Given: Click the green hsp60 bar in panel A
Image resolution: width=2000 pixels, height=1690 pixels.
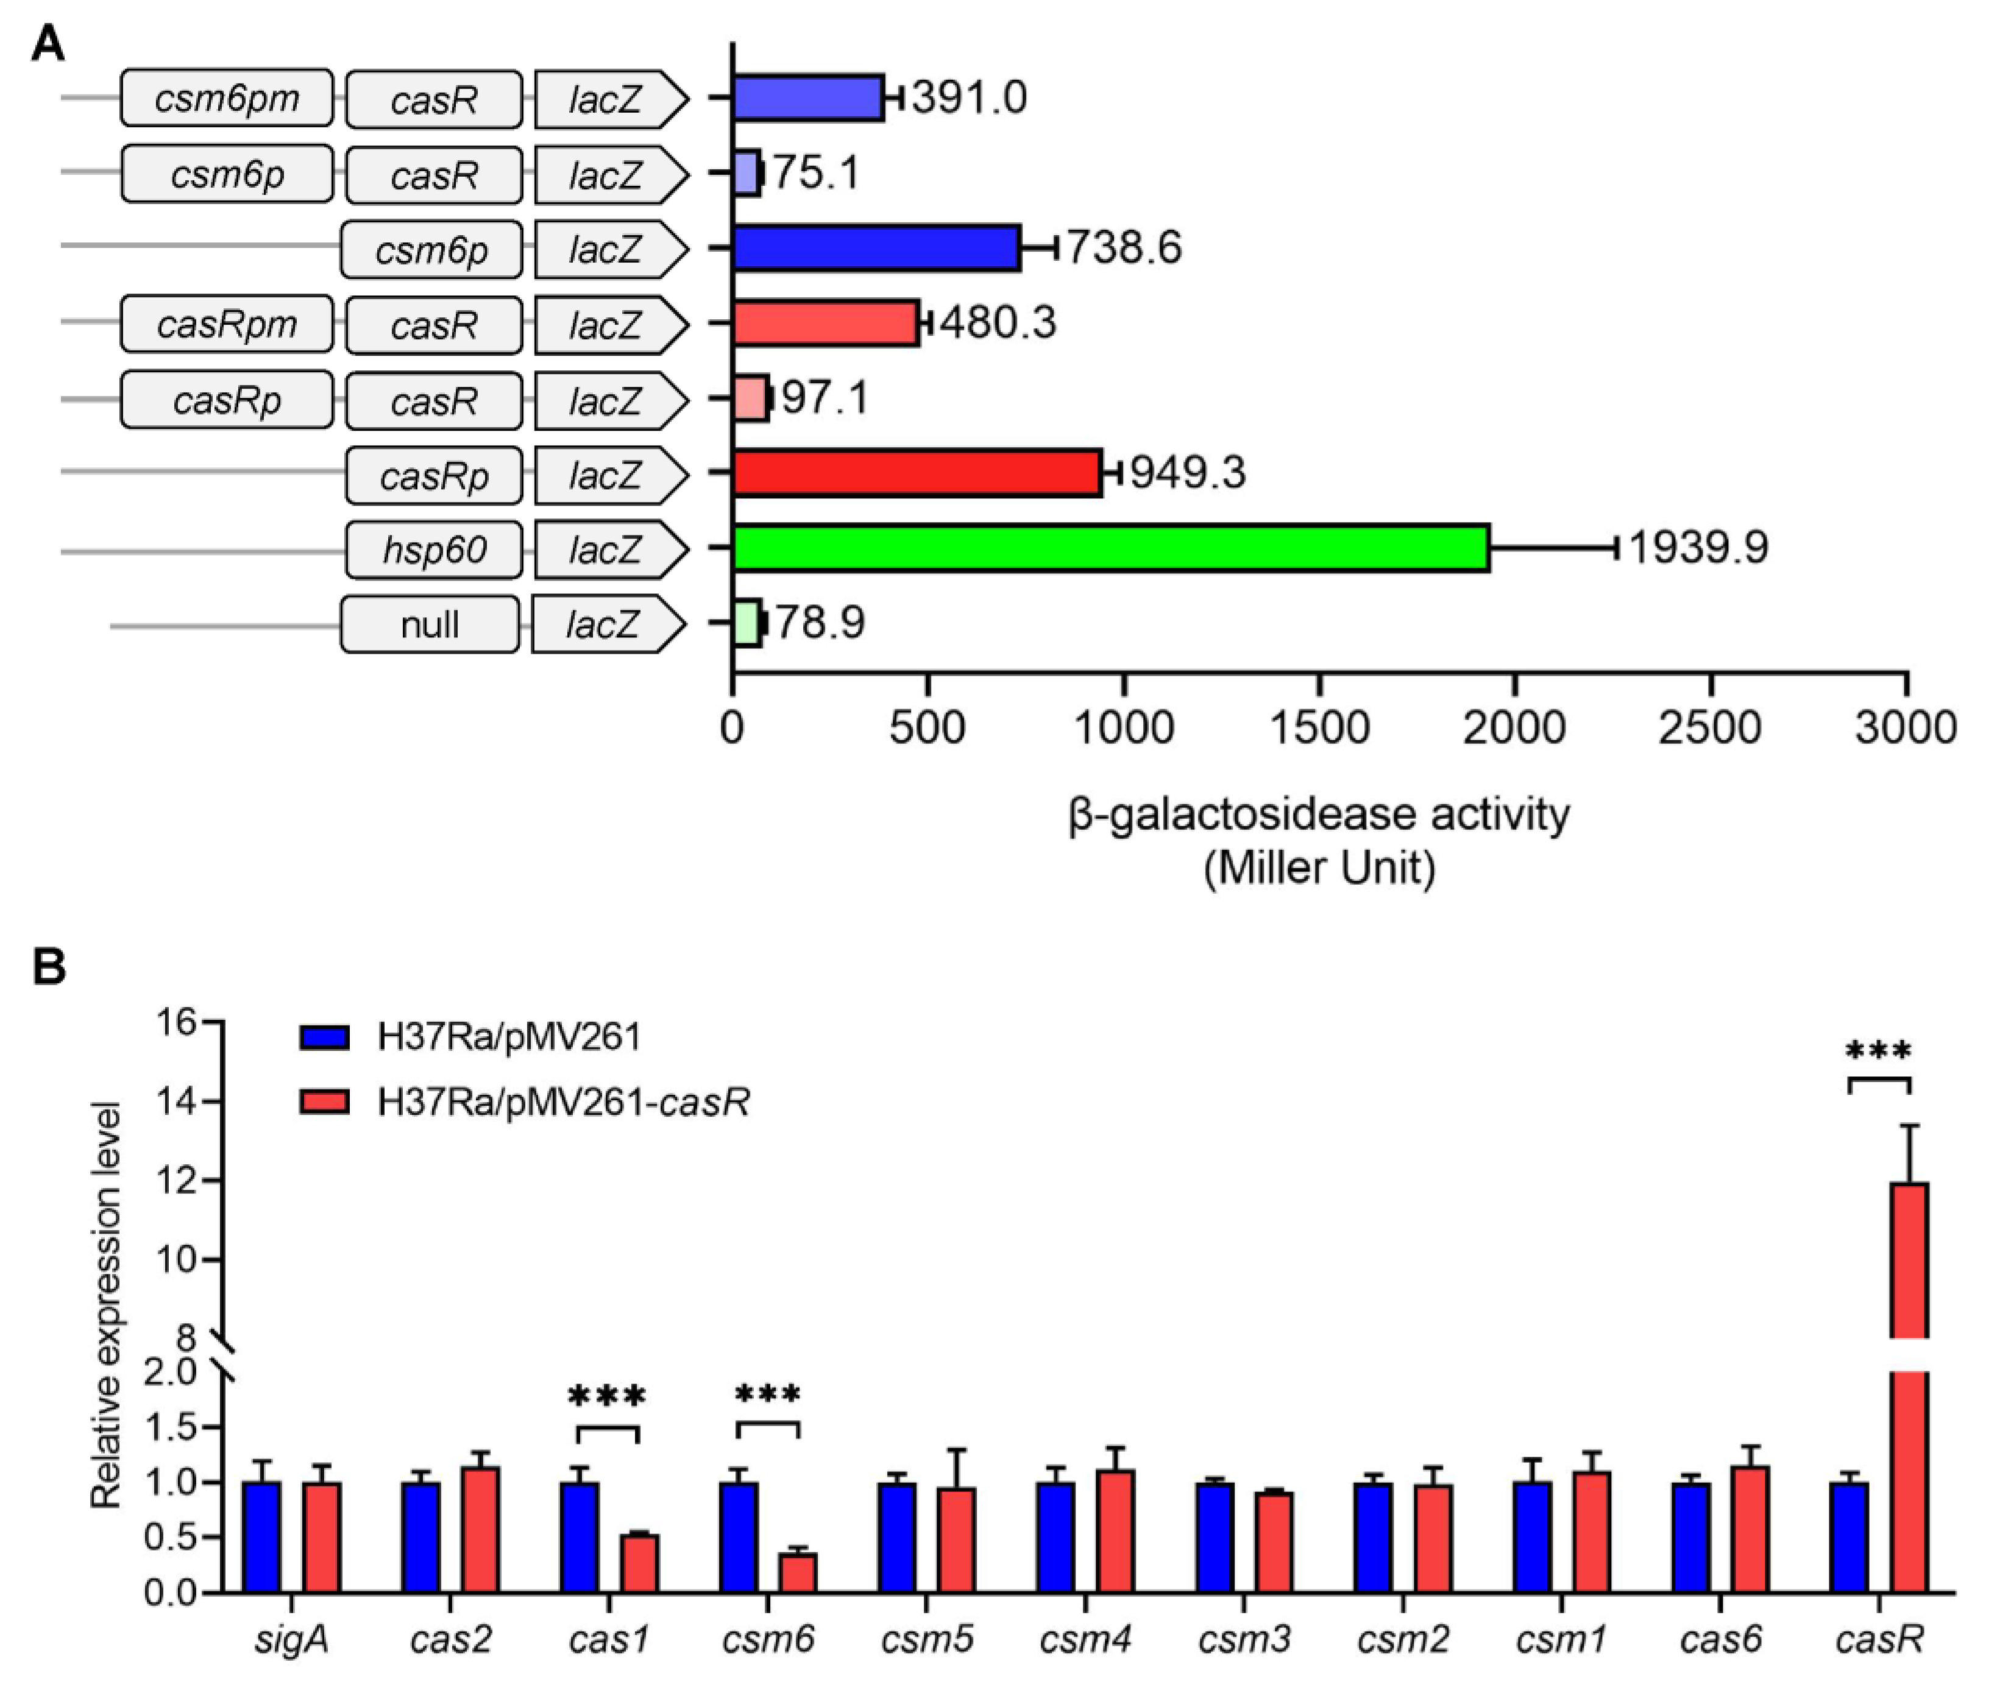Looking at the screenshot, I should (x=1110, y=548).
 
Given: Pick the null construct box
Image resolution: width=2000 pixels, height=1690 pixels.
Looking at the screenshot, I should (x=430, y=624).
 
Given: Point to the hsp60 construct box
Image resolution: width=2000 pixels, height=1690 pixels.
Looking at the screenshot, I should (x=434, y=550).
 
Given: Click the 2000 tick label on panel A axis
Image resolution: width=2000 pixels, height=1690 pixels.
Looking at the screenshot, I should (x=1514, y=728).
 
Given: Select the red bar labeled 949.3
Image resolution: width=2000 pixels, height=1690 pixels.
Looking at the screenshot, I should (x=917, y=472).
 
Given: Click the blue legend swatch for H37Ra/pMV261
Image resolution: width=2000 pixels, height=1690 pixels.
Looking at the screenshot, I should (x=324, y=1038).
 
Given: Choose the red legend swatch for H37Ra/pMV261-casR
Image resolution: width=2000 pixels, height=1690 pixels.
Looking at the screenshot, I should (x=324, y=1101).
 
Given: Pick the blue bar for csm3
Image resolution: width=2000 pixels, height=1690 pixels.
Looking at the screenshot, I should (x=1215, y=1538).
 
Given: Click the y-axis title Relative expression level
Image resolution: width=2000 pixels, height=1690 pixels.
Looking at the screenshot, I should (x=105, y=1308).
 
